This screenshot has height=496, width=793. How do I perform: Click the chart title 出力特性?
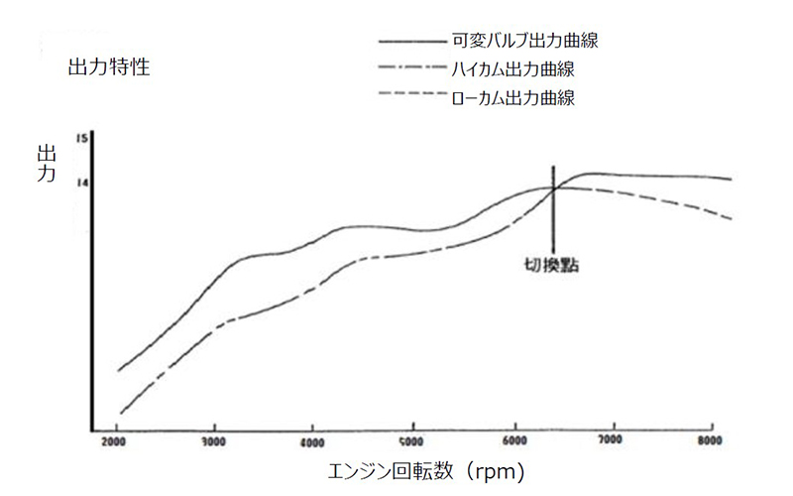click(108, 69)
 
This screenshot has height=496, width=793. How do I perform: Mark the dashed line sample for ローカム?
click(413, 97)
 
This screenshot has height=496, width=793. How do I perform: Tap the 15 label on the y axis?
click(84, 138)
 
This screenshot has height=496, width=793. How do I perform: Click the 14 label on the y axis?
click(84, 183)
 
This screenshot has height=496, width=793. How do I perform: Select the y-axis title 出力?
click(46, 166)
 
